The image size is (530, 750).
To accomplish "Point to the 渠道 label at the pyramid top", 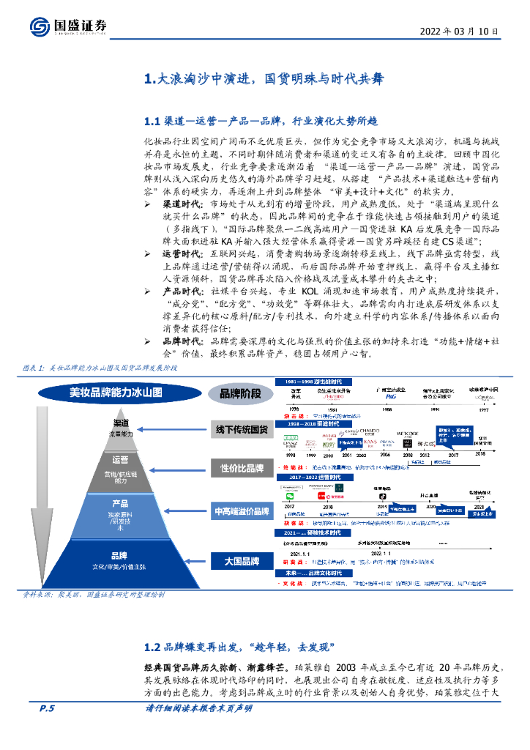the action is click(x=121, y=424).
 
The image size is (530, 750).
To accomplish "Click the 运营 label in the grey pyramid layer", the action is click(x=121, y=461).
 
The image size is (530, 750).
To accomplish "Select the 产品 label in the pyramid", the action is click(x=121, y=504).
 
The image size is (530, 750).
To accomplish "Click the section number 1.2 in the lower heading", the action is click(x=152, y=646).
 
